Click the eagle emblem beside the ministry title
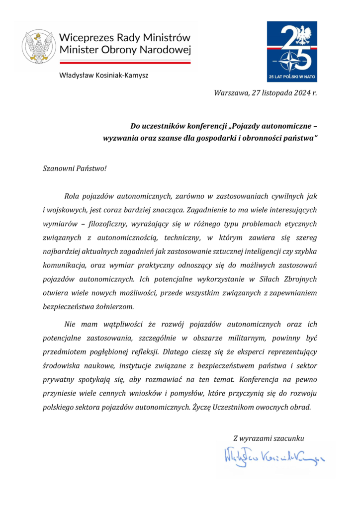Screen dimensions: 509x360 click(38, 47)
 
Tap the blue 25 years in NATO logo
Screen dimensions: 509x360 click(292, 51)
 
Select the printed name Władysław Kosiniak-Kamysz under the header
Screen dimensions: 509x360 click(103, 76)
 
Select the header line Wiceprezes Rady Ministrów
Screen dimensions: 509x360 click(124, 37)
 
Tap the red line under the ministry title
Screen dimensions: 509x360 click(125, 63)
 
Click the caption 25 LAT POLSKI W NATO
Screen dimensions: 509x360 click(292, 77)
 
